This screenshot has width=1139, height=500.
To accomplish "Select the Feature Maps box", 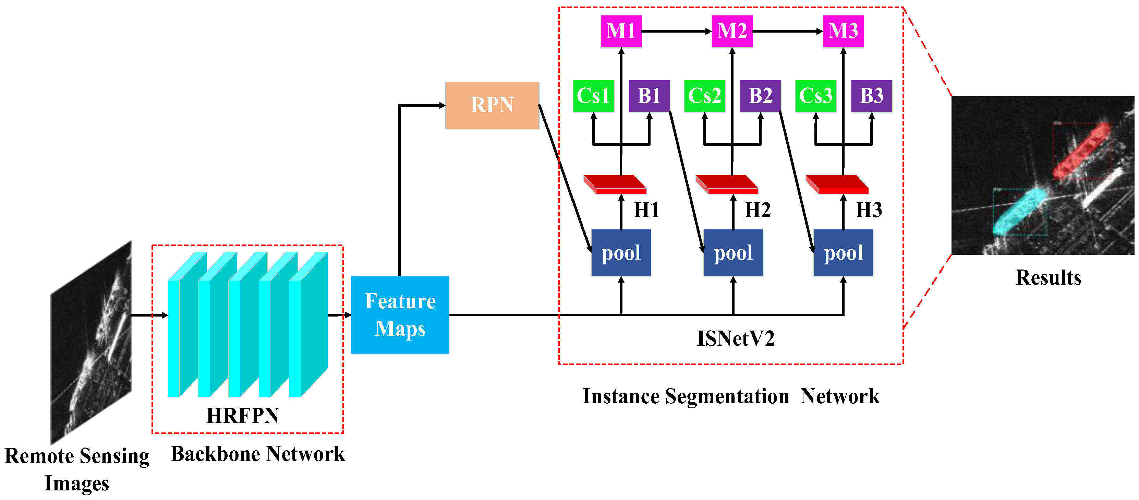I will click(x=400, y=314).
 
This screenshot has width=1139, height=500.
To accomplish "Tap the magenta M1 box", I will click(x=620, y=31).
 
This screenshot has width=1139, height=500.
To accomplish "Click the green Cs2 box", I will click(x=704, y=96).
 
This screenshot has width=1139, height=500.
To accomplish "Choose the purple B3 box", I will click(x=871, y=96).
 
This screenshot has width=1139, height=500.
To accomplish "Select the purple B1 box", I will click(x=649, y=96).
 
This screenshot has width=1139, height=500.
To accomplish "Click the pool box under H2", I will click(x=733, y=253).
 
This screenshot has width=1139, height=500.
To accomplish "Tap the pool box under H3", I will click(x=843, y=253).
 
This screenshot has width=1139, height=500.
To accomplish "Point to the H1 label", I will click(x=646, y=210).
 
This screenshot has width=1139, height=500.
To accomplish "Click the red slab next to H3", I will click(x=837, y=184).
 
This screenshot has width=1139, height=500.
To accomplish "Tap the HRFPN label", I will click(x=242, y=415).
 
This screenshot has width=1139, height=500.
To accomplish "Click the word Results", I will click(x=1048, y=277).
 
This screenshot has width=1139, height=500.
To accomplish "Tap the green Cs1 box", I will click(x=593, y=96).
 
